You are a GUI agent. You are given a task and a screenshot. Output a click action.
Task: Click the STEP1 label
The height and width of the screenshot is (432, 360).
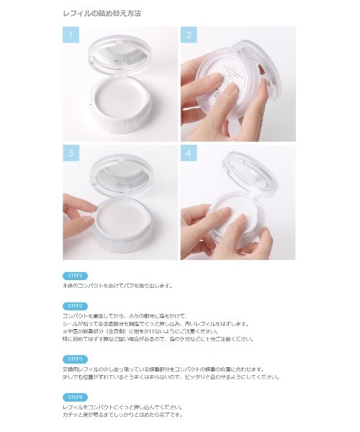tap(76, 276)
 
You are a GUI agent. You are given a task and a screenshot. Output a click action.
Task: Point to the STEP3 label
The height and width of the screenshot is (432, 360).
tap(76, 359)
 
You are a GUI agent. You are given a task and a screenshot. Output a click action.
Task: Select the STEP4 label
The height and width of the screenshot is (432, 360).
tap(76, 397)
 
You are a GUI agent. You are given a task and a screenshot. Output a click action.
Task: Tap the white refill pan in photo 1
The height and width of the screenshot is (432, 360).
tap(120, 108)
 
